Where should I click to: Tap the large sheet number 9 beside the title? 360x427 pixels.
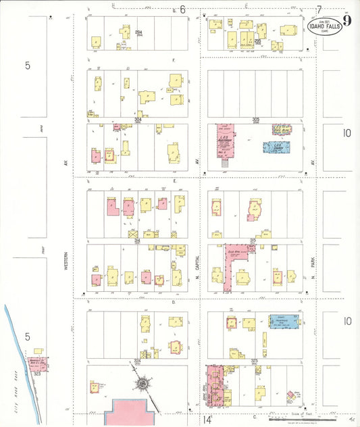pos(346,20)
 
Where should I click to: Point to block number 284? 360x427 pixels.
pos(138,32)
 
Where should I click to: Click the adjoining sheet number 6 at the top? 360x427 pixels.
pos(182,9)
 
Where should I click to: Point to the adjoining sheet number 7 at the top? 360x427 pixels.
pos(318,9)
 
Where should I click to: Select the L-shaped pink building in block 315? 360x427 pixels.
pos(232,260)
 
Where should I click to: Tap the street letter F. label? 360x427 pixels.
pos(174,60)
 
